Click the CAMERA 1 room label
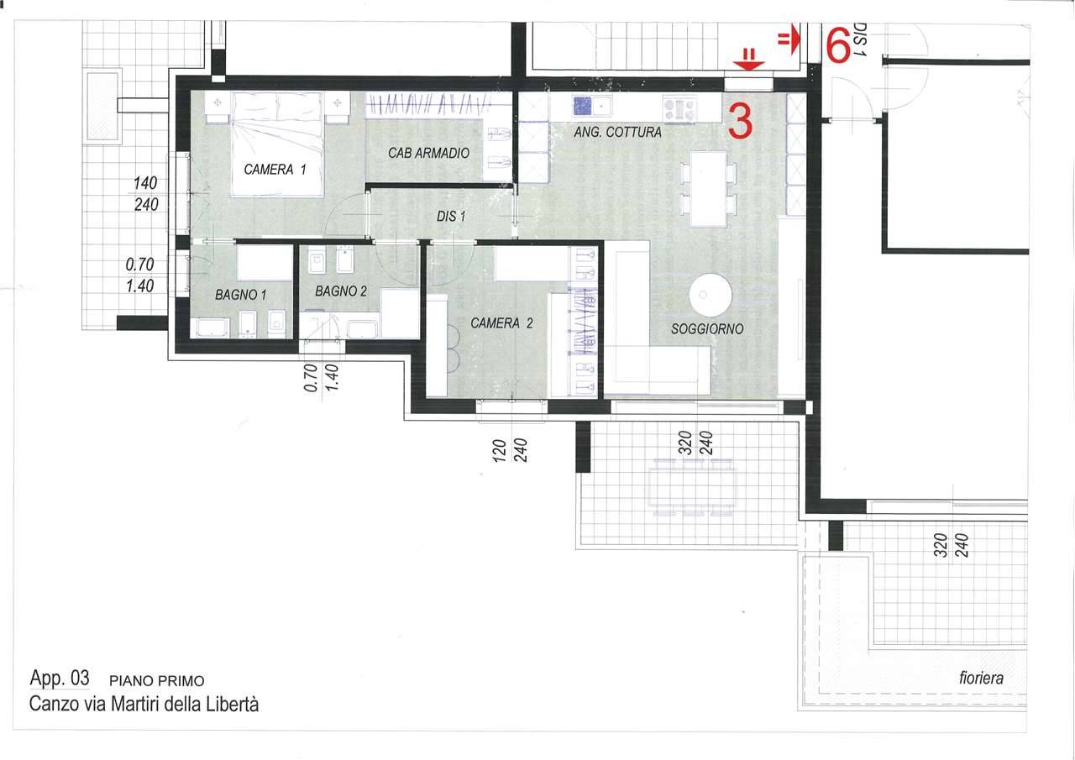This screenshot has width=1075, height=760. (x=275, y=170)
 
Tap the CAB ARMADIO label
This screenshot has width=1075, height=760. (x=428, y=153)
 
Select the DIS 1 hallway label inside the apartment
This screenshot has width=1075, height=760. (x=451, y=217)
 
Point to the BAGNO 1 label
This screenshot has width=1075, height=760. (x=241, y=295)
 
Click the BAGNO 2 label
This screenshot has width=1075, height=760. (x=341, y=291)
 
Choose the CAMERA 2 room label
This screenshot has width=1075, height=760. (x=501, y=323)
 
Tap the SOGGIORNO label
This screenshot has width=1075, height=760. (x=707, y=329)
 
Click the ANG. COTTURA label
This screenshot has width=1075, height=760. (x=617, y=133)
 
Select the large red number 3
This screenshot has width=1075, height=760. (x=741, y=122)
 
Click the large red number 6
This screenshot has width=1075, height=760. (x=839, y=45)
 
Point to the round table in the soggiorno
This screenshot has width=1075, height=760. (x=711, y=295)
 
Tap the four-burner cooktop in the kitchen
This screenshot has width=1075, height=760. (x=679, y=109)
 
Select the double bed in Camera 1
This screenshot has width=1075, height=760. (x=276, y=144)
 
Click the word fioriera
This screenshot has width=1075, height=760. (x=981, y=678)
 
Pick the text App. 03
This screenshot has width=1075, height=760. (x=60, y=678)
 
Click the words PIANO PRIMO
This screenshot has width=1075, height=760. (x=157, y=681)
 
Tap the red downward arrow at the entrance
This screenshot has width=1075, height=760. (x=749, y=60)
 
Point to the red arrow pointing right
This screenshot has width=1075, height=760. (x=789, y=39)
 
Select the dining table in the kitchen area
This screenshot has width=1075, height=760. (x=708, y=189)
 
